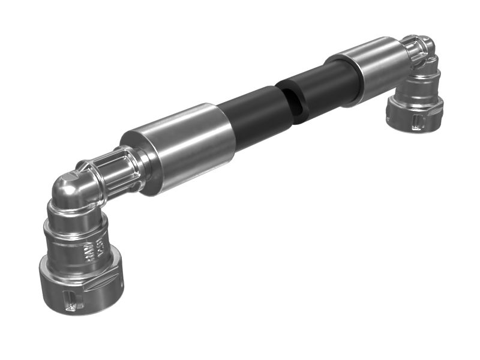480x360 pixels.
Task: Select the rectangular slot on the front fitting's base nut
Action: pos(70,298)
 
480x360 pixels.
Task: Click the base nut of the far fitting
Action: pos(414,117)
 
